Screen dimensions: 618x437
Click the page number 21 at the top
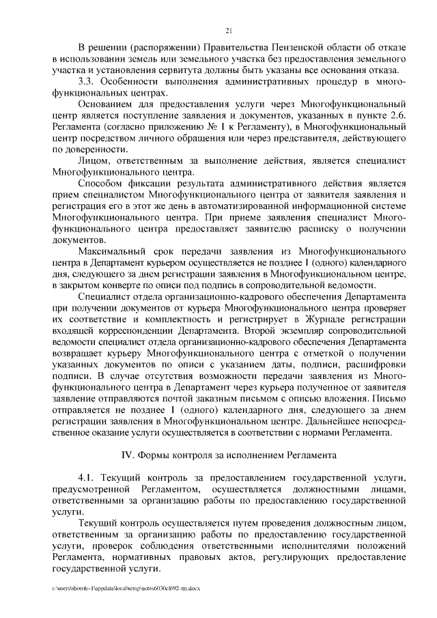[x=228, y=29]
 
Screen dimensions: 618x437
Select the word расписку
[x=287, y=229]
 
